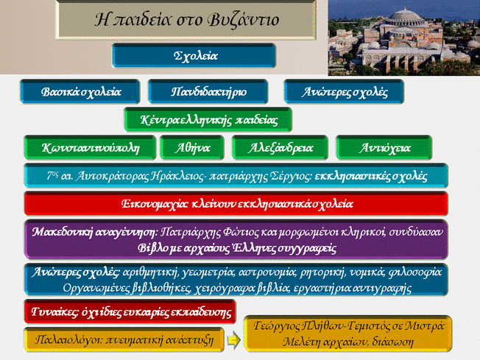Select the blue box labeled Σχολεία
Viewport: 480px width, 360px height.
point(194,56)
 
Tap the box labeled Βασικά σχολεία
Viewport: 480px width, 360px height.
point(81,92)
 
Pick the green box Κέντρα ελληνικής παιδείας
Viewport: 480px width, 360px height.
point(208,119)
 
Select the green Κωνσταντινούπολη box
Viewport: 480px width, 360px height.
point(91,147)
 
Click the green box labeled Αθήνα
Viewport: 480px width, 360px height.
point(194,147)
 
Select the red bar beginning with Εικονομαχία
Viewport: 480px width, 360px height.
point(236,204)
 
